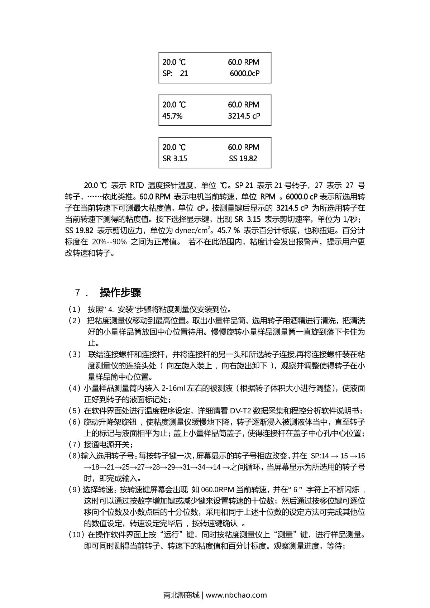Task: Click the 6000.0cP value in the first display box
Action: [244, 73]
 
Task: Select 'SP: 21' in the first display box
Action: [175, 73]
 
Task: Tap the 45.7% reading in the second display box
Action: [172, 116]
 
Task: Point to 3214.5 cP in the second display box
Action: [244, 116]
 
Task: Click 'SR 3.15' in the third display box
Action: [175, 158]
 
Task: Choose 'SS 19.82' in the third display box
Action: [243, 158]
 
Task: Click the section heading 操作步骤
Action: [121, 293]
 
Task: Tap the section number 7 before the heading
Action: [77, 293]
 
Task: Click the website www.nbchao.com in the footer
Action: [236, 595]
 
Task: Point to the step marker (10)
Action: [76, 535]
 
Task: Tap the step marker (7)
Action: [75, 445]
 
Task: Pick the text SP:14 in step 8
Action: [320, 456]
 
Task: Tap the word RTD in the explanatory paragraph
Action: [137, 186]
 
